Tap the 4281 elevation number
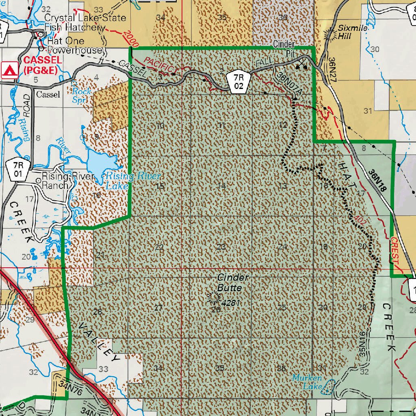(229, 302)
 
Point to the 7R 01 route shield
(17, 169)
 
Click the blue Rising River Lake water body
(102, 165)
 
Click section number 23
(221, 247)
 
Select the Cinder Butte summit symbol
(212, 298)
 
